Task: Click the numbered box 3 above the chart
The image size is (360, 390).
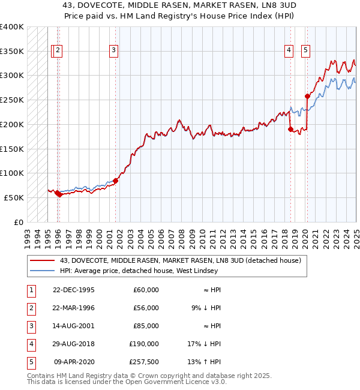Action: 113,51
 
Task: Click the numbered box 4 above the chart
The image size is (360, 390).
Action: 289,51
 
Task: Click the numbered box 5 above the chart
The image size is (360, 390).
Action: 305,51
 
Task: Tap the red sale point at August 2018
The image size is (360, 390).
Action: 290,129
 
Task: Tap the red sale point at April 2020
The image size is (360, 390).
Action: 307,96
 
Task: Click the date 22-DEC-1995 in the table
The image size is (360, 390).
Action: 74,290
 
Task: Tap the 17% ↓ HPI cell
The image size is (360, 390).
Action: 203,344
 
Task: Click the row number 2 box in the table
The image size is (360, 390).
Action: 31,308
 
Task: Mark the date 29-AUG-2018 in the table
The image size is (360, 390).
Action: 74,344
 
